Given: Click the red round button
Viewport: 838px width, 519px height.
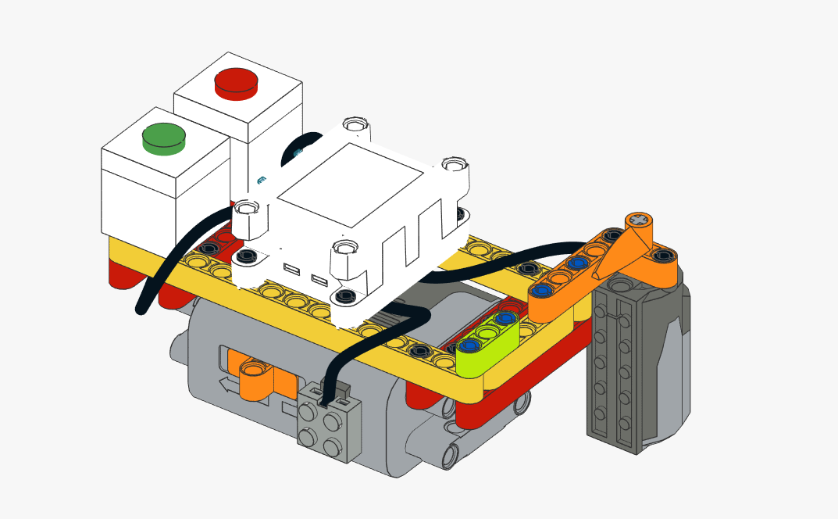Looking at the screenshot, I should (236, 83).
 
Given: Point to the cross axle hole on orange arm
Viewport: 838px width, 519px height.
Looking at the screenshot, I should (640, 220).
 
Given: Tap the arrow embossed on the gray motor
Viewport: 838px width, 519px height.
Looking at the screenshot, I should (226, 385).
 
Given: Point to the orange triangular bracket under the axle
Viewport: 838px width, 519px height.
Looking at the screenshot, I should (617, 254).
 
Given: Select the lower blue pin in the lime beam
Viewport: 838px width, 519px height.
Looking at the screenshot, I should (469, 345).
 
